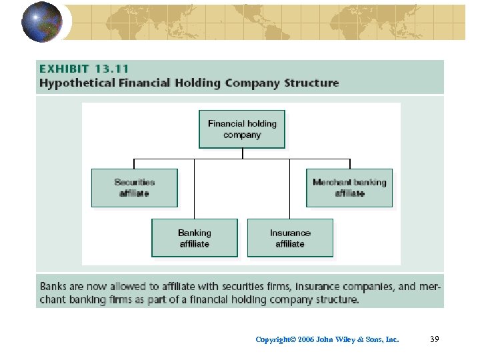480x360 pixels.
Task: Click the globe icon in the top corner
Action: click(x=41, y=21)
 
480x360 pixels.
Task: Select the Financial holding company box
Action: click(x=242, y=129)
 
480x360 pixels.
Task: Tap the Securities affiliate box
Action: click(x=134, y=188)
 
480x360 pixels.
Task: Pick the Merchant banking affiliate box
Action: click(x=349, y=188)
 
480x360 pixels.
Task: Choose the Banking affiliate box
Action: click(x=194, y=238)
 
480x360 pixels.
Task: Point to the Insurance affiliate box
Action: click(x=290, y=238)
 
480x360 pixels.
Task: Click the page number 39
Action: click(x=435, y=339)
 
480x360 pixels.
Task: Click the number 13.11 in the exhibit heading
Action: click(x=110, y=69)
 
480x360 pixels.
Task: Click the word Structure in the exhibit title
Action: click(x=311, y=83)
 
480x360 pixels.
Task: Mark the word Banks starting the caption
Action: click(x=54, y=287)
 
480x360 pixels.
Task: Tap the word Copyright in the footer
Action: click(x=273, y=340)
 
